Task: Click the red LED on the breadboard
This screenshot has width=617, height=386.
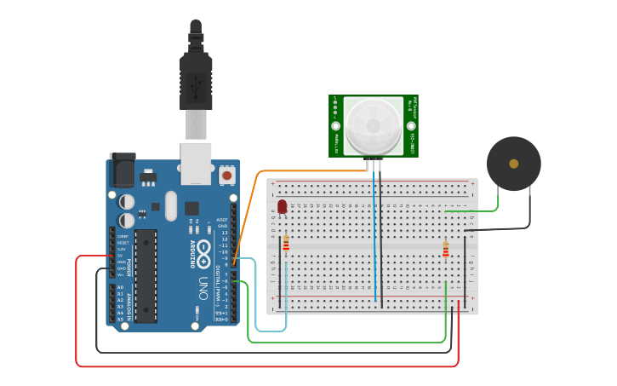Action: [x=282, y=206]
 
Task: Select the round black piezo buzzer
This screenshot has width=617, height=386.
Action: [x=513, y=164]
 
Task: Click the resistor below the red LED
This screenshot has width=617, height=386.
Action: [x=286, y=245]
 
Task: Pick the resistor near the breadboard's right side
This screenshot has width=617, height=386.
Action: [x=445, y=249]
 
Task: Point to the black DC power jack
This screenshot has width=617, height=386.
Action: [x=123, y=170]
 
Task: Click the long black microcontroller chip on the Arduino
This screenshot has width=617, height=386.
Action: [x=146, y=275]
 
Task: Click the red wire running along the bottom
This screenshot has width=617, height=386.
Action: [x=255, y=366]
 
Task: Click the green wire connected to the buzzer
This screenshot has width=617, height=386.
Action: [x=477, y=210]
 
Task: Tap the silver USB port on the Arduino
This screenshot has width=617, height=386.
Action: [x=197, y=163]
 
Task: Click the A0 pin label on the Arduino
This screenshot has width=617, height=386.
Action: [x=120, y=287]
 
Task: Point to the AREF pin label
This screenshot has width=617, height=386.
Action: [x=223, y=219]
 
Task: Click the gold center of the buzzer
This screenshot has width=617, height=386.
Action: [x=513, y=164]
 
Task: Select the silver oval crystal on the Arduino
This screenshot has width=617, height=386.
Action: [x=171, y=205]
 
